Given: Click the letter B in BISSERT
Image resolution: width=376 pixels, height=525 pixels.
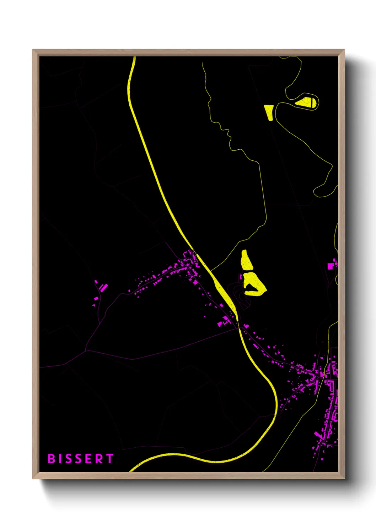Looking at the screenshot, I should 52,459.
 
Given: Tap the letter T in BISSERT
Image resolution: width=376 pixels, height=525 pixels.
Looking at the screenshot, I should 109,459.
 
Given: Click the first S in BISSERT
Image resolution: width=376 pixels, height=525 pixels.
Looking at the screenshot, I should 69,459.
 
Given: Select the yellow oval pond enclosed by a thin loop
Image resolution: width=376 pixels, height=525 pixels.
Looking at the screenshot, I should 306,103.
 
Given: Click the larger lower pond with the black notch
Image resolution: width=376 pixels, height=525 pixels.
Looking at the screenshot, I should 254,284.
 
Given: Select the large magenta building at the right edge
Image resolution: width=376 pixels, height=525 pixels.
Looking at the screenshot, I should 331,265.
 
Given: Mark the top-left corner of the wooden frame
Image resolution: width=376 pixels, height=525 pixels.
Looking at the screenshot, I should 33,50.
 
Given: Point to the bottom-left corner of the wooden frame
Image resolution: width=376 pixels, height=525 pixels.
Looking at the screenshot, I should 33,478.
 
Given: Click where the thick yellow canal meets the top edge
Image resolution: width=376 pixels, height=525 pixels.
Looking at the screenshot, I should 134,57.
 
